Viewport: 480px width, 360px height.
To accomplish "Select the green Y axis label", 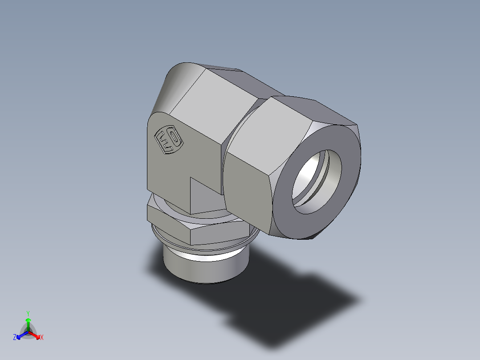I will point(28,313).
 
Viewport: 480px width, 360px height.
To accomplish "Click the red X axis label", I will point(42,338).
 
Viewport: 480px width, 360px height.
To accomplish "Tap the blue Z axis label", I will point(15,338).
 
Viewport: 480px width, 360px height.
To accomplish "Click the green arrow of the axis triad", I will point(28,323).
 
